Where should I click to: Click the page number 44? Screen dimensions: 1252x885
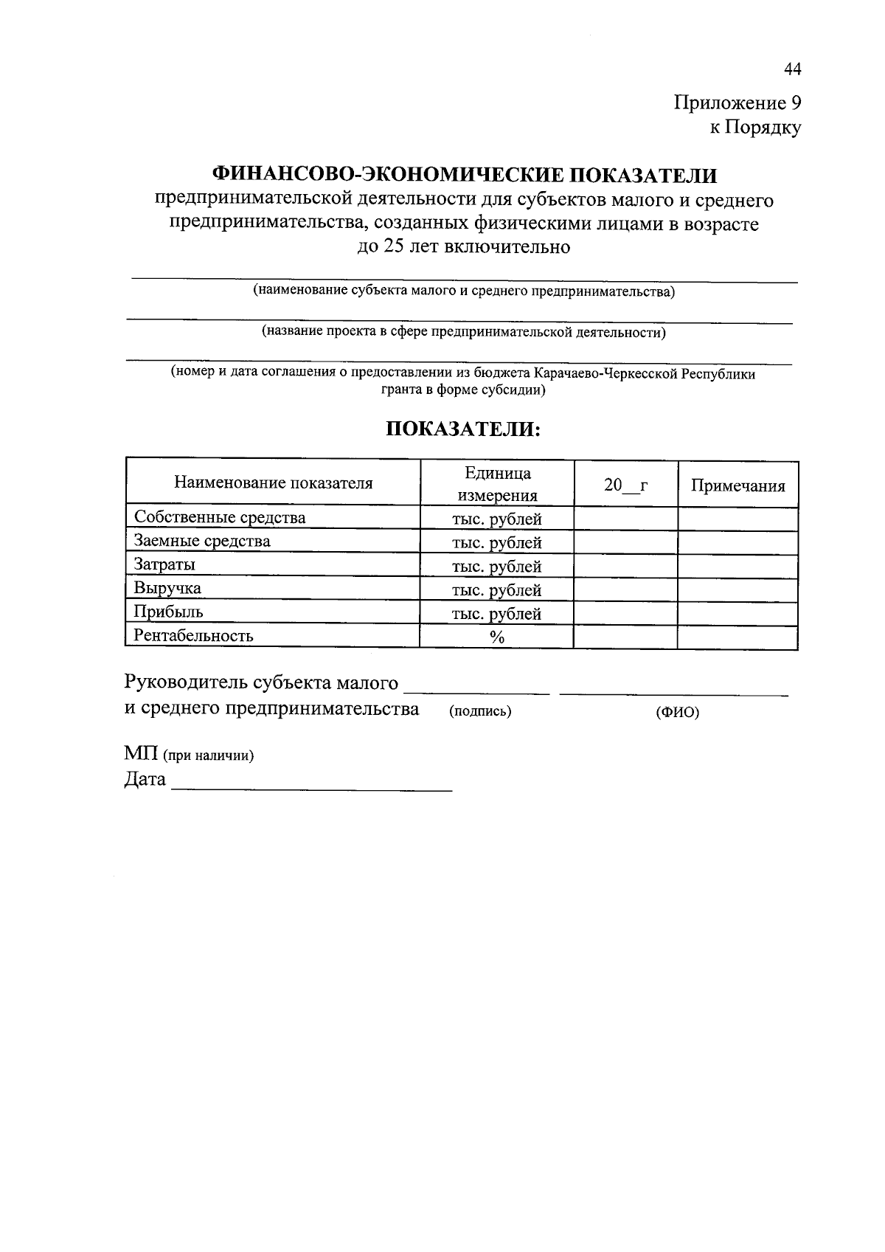[x=792, y=69]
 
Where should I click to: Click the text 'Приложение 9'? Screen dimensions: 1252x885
[x=737, y=103]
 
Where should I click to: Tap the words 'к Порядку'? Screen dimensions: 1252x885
[x=755, y=128]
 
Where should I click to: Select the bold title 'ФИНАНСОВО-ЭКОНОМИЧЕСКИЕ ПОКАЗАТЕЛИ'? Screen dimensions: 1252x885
[x=464, y=175]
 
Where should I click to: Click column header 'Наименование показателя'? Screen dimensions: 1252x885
[x=273, y=483]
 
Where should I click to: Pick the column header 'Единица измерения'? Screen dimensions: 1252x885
[x=497, y=484]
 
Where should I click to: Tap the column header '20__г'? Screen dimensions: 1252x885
[x=625, y=485]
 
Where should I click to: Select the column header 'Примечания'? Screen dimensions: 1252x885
[x=737, y=485]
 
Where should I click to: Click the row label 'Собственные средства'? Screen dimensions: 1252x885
[x=220, y=518]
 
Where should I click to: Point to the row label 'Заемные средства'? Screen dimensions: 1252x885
[x=202, y=542]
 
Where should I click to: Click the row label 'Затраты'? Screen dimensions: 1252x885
[x=164, y=565]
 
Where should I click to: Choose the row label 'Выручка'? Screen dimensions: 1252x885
[x=167, y=589]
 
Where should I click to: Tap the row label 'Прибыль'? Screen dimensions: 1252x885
[x=168, y=612]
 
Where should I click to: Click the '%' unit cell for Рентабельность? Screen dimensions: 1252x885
[x=497, y=637]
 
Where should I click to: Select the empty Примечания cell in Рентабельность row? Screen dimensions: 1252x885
[x=737, y=637]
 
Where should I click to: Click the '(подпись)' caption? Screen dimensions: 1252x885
[x=480, y=711]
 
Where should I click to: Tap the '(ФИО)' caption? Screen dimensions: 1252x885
[x=677, y=713]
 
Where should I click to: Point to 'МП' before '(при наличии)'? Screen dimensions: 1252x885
[x=141, y=755]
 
